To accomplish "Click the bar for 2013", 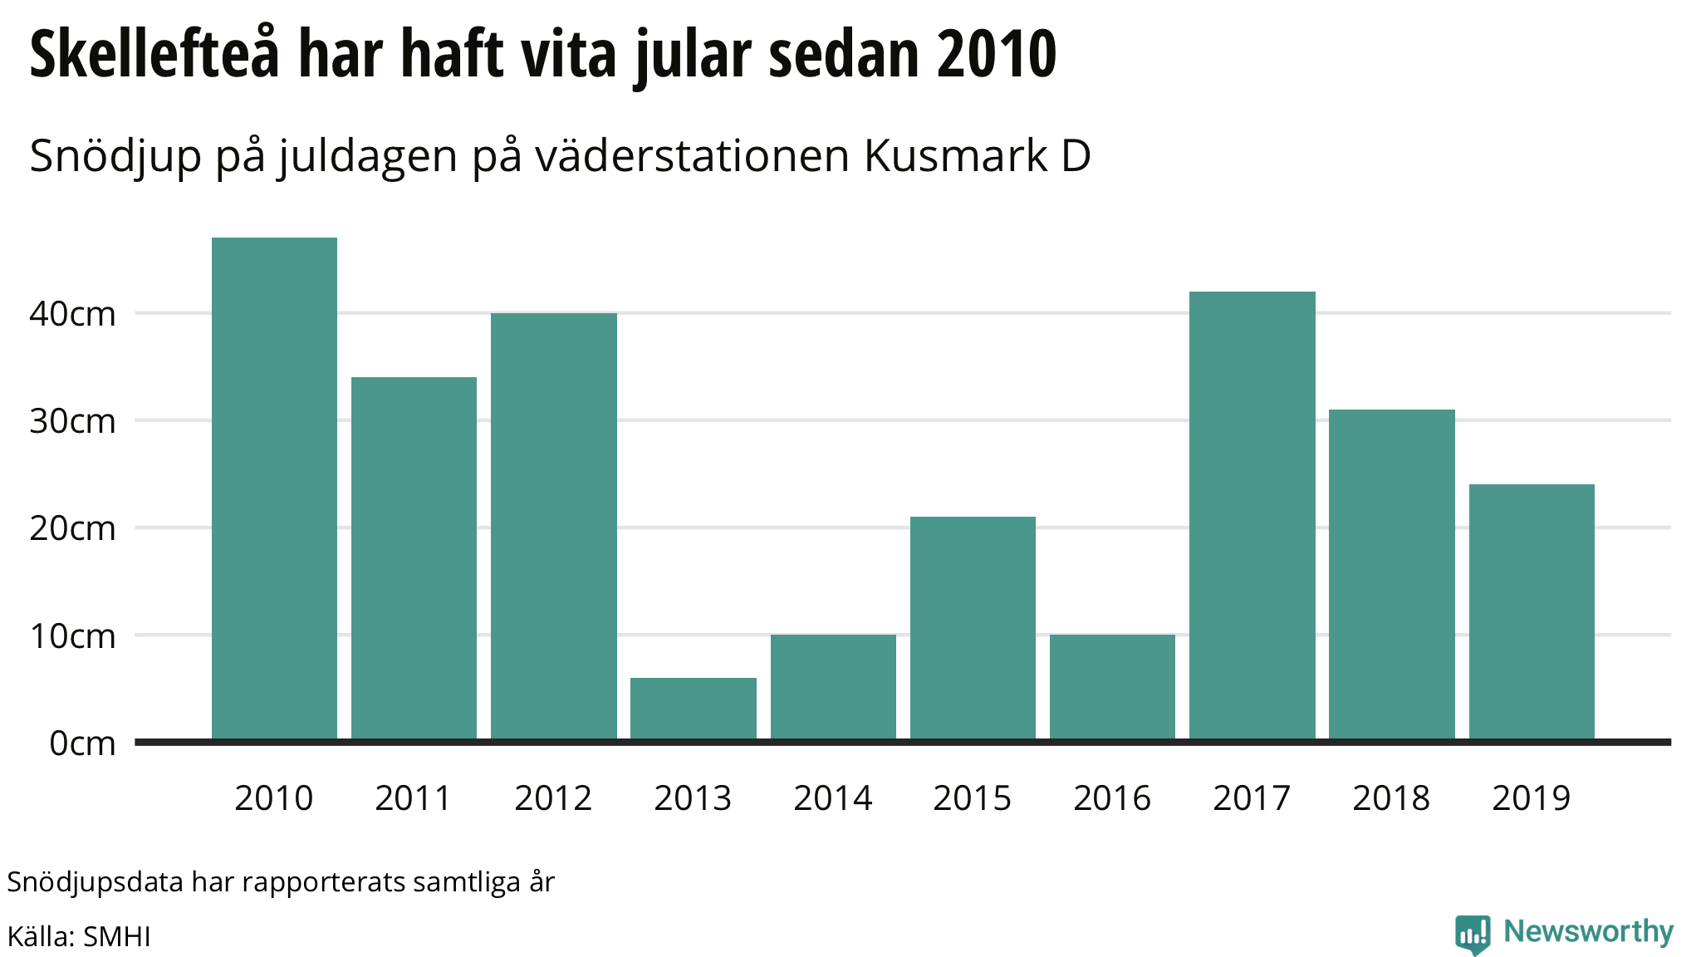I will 694,709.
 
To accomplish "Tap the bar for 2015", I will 973,628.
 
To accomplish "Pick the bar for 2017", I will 1252,515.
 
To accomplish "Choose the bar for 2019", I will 1532,611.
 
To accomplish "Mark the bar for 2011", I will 414,558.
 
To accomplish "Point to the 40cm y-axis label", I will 73,314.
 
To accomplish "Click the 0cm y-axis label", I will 82,743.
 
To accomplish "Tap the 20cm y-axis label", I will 73,528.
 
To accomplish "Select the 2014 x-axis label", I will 833,798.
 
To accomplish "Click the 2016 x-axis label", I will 1112,798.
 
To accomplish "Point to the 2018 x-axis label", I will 1391,798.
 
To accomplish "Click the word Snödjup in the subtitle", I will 115,157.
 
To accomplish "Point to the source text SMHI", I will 117,936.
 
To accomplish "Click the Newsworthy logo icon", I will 1473,934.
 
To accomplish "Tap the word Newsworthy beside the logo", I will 1588,931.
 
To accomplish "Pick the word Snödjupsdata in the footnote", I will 95,882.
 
